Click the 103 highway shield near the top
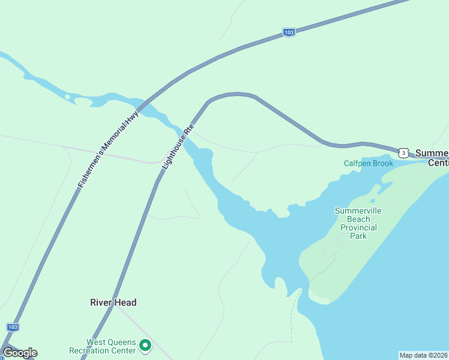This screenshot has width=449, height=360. pos(289,32)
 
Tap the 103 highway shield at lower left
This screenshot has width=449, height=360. pos(13,327)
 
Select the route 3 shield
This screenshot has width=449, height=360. pos(403,153)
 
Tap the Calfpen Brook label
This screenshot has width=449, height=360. pos(368,163)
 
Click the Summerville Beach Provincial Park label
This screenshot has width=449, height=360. pos(358,223)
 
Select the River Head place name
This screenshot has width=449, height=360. pos(113,302)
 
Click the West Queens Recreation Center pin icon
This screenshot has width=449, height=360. pos(145,346)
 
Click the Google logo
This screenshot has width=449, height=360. pos(20,353)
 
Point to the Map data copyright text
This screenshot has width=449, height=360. pos(423,355)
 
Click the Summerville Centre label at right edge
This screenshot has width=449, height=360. pos(432,158)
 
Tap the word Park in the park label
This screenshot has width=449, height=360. pos(358,236)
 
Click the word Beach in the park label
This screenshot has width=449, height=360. pos(358,219)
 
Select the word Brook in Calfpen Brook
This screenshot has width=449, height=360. pos(382,163)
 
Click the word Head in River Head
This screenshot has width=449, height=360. pos(127,302)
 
